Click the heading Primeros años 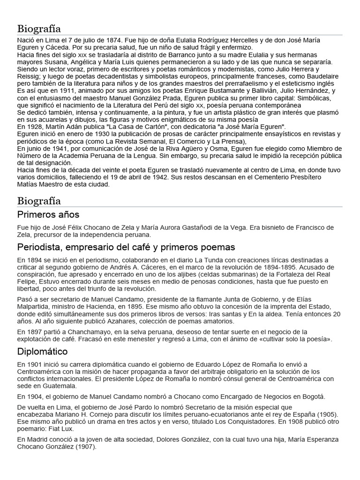48,215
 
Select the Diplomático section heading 42,351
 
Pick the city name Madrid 40,440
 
